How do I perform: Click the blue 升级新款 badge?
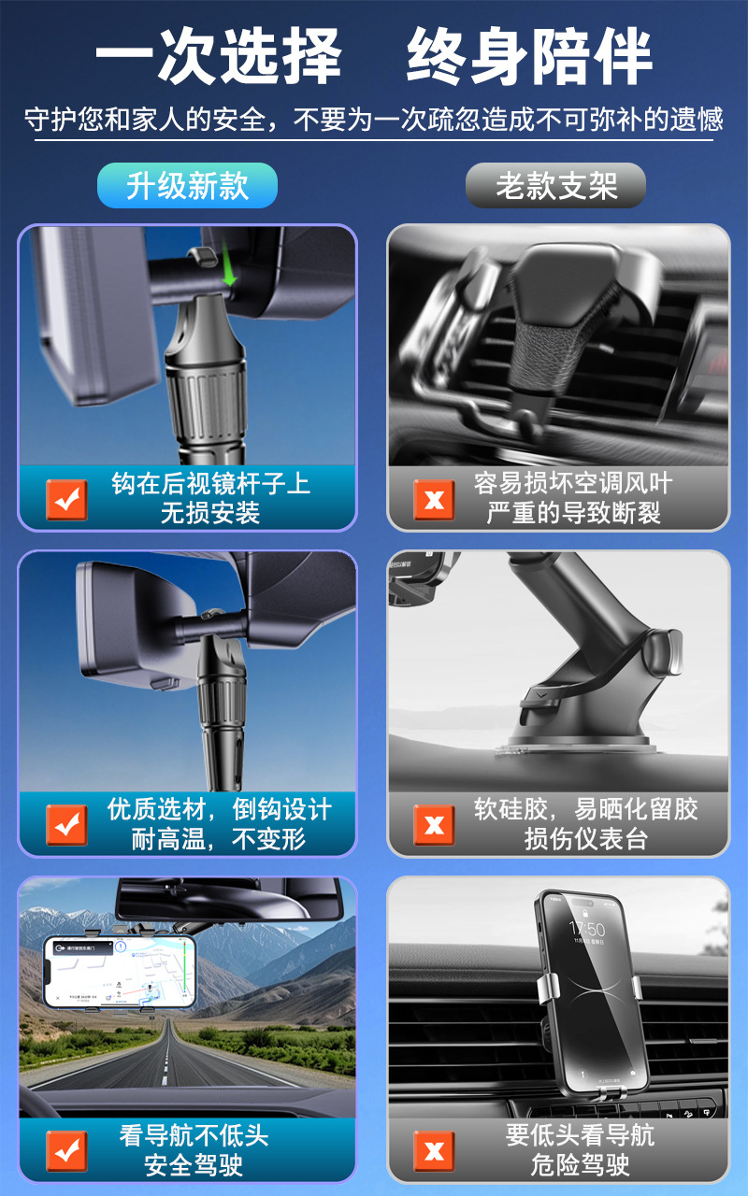[187, 185]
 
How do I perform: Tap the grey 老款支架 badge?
[555, 185]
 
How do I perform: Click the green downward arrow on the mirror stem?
[229, 263]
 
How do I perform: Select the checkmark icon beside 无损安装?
[66, 500]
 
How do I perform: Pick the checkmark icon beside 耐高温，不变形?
[66, 825]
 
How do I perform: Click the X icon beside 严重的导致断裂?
[434, 500]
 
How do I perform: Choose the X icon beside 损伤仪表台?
[434, 825]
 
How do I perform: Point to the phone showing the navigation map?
[119, 972]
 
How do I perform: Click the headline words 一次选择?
[218, 55]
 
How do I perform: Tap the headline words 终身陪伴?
[529, 55]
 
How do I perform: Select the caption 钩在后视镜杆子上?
[210, 484]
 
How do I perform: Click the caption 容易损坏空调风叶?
[573, 484]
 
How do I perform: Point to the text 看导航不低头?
[194, 1135]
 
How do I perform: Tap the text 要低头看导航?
[580, 1135]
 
